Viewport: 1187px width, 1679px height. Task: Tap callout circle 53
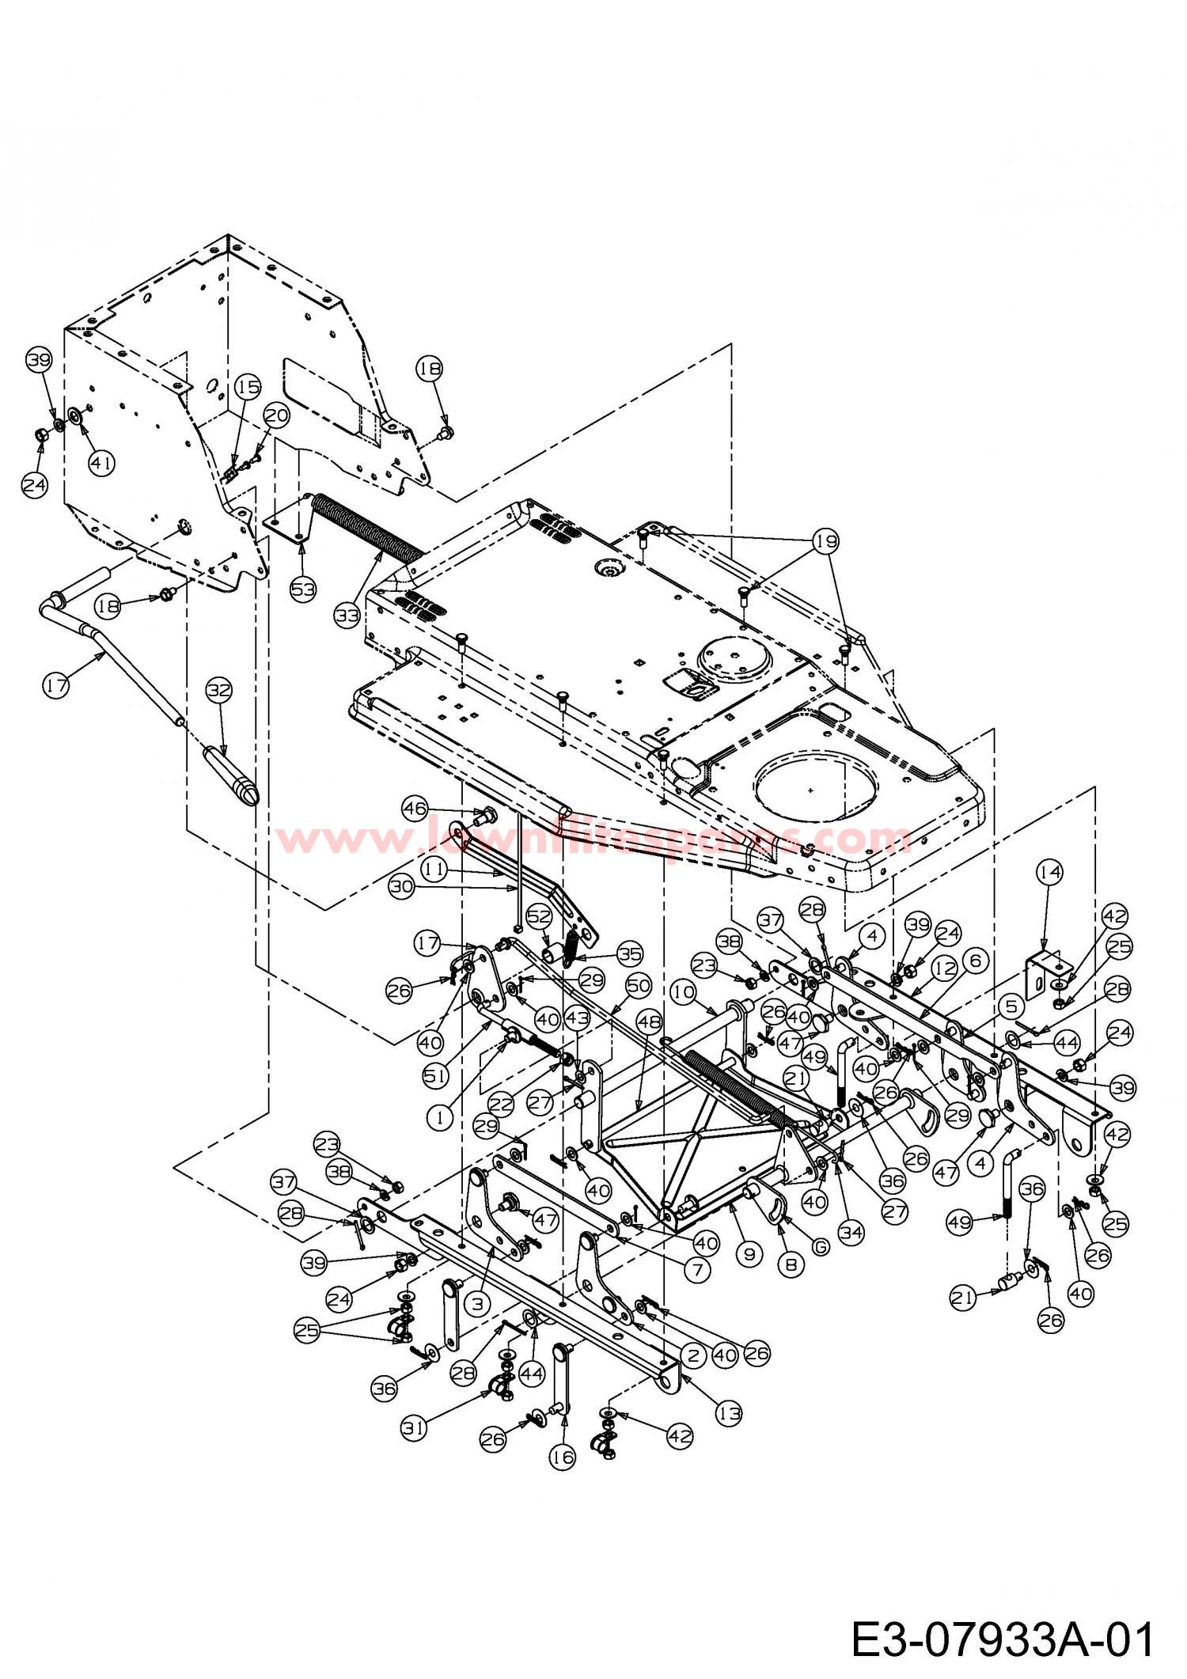pos(303,589)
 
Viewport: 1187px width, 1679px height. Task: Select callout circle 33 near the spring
pos(346,616)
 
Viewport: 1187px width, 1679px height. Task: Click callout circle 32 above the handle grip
pos(219,690)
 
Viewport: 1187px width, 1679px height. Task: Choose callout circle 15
pos(248,388)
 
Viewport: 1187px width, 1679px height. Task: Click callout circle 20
pos(277,415)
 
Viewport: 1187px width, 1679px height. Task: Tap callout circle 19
pos(825,540)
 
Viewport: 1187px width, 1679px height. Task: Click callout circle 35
pos(629,954)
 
